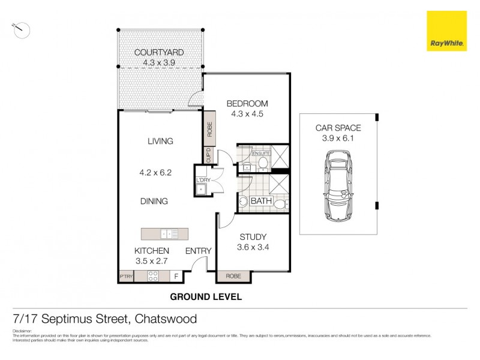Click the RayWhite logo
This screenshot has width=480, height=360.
(446, 31)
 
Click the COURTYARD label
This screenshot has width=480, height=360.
(159, 52)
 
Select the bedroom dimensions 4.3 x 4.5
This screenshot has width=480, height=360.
(247, 113)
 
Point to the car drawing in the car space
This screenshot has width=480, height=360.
(338, 186)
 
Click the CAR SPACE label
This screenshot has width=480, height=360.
(338, 128)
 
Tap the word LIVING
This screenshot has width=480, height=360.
(160, 142)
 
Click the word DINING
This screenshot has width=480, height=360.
(155, 201)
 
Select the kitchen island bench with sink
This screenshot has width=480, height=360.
(165, 233)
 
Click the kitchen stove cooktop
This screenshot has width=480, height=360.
(153, 277)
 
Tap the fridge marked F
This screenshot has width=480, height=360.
(176, 277)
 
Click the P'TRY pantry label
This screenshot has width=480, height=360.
(126, 277)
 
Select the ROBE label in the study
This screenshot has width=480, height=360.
(234, 277)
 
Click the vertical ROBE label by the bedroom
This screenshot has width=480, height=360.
(209, 130)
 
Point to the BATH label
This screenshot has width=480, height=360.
(261, 201)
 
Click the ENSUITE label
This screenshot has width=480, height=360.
(262, 154)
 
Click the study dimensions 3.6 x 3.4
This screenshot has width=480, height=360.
(253, 247)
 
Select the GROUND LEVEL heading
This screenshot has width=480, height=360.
(206, 296)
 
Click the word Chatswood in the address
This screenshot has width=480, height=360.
(166, 319)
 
